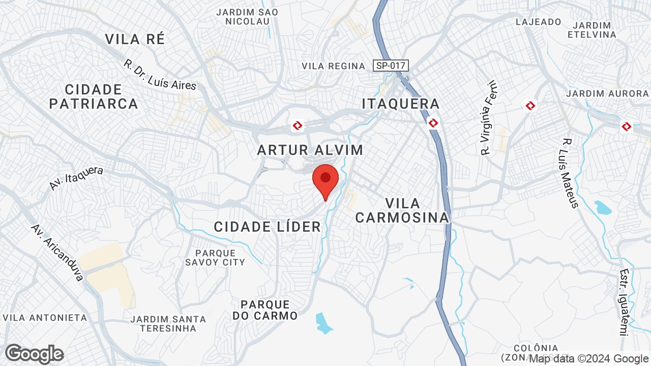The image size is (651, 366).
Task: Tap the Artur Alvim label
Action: [x=310, y=150]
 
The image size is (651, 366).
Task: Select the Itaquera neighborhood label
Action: [x=400, y=104]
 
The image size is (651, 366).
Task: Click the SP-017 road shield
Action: [x=391, y=66]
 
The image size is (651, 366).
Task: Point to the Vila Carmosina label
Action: [x=402, y=210]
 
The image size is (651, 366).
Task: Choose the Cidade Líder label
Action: [x=267, y=227]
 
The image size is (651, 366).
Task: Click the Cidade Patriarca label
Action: [x=94, y=97]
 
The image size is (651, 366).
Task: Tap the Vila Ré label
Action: [x=135, y=39]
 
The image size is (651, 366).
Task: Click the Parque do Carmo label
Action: [x=265, y=310]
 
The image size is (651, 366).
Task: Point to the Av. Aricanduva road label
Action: [x=57, y=252]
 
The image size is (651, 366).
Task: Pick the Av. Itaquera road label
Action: [x=76, y=178]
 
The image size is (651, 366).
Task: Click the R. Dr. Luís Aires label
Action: [x=160, y=75]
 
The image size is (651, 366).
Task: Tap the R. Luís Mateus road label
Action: [x=571, y=173]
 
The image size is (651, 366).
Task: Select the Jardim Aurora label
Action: [x=607, y=94]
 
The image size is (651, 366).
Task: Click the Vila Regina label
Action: [x=333, y=66]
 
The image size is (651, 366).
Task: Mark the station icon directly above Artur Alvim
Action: [x=298, y=125]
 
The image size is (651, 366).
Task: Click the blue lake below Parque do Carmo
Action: [x=323, y=322]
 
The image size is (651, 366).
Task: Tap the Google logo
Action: [x=34, y=354]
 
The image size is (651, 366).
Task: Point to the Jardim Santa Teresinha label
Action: [x=168, y=323]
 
